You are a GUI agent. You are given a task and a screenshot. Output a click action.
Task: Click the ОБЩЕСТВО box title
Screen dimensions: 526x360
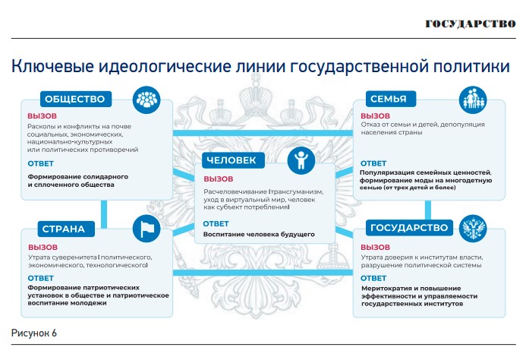75,99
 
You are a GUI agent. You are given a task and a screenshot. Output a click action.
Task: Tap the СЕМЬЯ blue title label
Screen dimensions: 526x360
390,99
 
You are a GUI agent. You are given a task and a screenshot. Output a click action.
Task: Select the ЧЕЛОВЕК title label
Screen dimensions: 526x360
233,160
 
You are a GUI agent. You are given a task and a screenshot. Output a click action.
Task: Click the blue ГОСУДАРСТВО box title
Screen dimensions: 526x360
409,228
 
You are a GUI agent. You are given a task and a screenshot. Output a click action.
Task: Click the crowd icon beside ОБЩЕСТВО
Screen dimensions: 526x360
146,99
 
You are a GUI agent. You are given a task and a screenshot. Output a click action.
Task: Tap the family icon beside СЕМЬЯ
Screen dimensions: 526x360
473,99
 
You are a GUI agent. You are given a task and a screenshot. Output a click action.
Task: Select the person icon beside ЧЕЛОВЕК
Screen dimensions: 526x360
301,160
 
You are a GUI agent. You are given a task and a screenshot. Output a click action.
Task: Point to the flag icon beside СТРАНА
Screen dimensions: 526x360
146,229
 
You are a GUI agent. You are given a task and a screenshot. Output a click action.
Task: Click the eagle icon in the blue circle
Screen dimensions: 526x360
473,229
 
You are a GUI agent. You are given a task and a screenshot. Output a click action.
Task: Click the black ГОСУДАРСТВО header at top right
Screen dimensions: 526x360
471,24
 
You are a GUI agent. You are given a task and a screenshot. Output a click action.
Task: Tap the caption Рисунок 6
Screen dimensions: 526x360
34,333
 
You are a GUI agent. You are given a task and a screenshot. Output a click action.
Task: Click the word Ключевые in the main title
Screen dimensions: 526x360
52,66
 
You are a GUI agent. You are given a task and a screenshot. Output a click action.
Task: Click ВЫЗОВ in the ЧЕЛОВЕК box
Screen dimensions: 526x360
219,179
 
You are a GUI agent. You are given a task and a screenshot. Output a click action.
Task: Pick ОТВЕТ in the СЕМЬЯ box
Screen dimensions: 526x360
373,163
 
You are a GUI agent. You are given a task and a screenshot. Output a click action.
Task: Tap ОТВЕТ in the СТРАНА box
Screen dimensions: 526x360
40,279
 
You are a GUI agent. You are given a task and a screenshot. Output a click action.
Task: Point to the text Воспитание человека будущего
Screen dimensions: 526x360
259,235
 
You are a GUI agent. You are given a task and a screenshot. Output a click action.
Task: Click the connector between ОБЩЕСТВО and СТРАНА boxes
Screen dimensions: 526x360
104,214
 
